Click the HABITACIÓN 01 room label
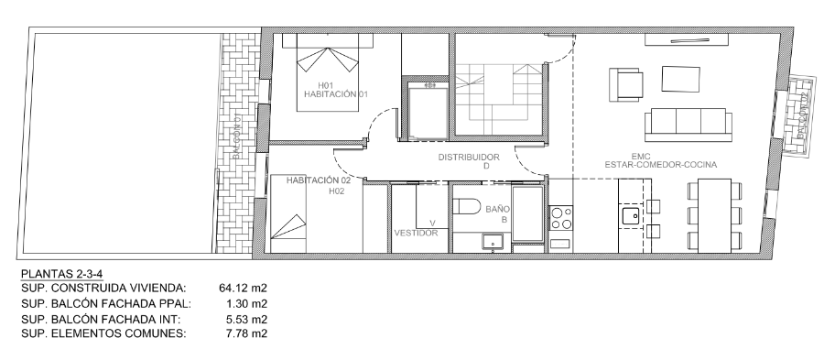click(335, 94)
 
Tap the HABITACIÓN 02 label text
click(319, 180)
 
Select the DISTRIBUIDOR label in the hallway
click(469, 158)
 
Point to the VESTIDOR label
click(416, 233)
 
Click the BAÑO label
click(497, 209)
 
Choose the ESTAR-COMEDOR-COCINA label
click(660, 165)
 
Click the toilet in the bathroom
click(467, 206)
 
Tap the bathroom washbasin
click(493, 242)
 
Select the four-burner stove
click(560, 218)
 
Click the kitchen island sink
click(630, 215)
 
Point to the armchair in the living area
click(626, 84)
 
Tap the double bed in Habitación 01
click(328, 72)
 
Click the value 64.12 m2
click(243, 288)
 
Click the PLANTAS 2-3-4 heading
click(61, 274)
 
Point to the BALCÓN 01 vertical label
click(237, 137)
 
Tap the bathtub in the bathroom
click(528, 214)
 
